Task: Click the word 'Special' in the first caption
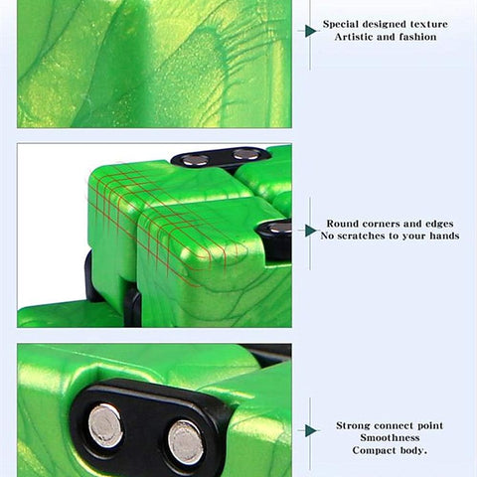[x=341, y=25]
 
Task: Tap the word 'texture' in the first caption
[x=429, y=24]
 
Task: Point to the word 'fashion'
[x=417, y=37]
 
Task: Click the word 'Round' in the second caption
[x=343, y=224]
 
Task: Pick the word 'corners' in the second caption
[x=381, y=224]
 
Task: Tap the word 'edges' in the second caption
[x=439, y=224]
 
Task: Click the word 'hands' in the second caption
[x=444, y=236]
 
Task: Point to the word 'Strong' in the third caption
[x=352, y=426]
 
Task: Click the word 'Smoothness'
[x=390, y=438]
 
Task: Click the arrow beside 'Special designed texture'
[x=310, y=31]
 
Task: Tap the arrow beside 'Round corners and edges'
[x=310, y=231]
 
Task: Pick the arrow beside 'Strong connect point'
[x=310, y=430]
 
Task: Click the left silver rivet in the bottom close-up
[x=105, y=425]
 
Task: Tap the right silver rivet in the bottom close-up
[x=186, y=443]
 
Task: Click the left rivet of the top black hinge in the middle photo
[x=195, y=160]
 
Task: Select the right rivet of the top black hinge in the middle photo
[x=245, y=154]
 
